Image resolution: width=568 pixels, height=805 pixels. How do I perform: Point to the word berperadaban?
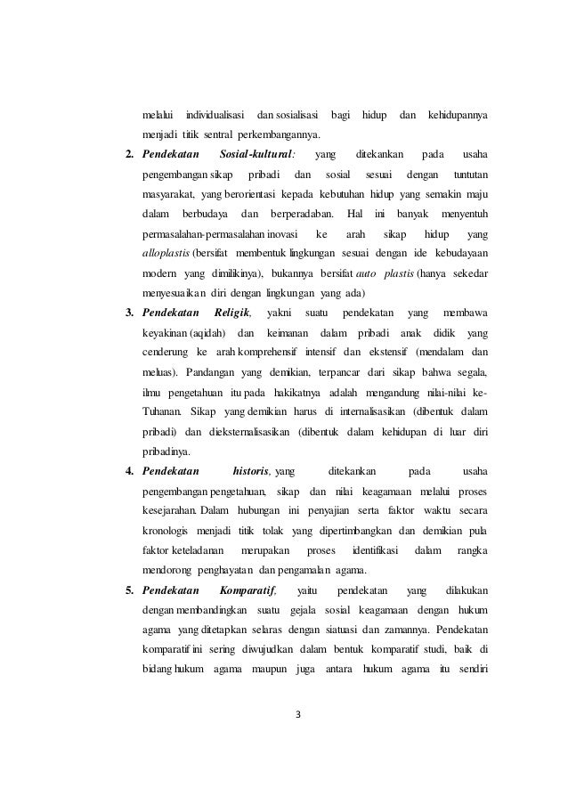299,214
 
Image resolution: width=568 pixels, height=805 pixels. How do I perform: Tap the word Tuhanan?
162,411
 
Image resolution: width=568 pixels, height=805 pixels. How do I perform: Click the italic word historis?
252,470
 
